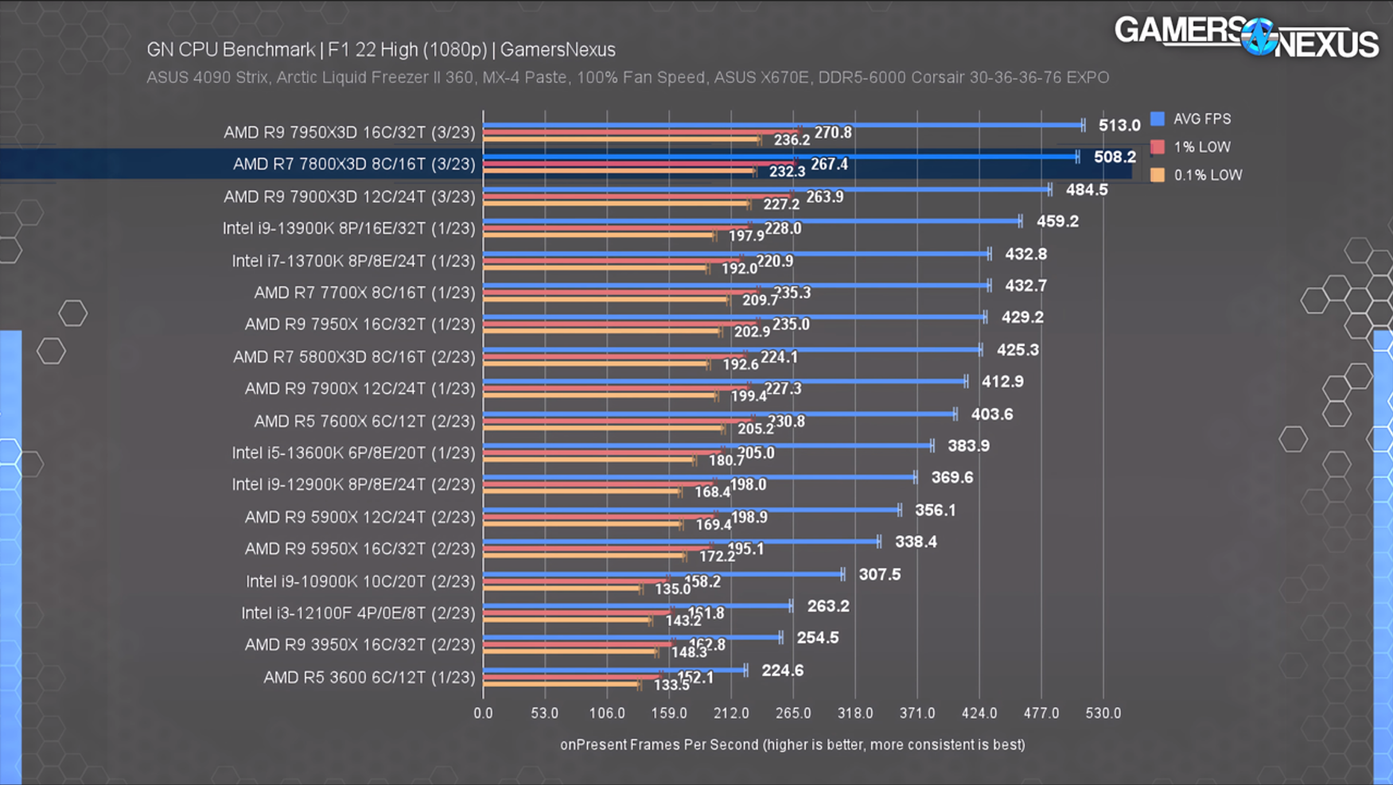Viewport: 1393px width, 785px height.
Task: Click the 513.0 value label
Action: point(1119,126)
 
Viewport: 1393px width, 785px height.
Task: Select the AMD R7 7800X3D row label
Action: point(353,165)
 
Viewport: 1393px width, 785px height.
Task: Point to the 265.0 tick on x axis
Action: point(792,713)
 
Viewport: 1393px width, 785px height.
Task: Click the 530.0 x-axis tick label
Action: point(1103,713)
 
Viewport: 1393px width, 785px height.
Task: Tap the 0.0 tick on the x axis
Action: point(483,713)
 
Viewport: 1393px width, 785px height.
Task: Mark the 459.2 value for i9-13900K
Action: point(1057,222)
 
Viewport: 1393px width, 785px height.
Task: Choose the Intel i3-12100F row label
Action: point(358,613)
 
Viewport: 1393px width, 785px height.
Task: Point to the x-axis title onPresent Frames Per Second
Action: point(792,745)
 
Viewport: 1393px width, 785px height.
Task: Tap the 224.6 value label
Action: point(782,670)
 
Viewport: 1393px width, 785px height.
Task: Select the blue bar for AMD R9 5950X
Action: point(680,542)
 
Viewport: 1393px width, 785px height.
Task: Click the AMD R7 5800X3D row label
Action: point(353,357)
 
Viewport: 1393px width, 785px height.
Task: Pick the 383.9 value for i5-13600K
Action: point(968,446)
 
